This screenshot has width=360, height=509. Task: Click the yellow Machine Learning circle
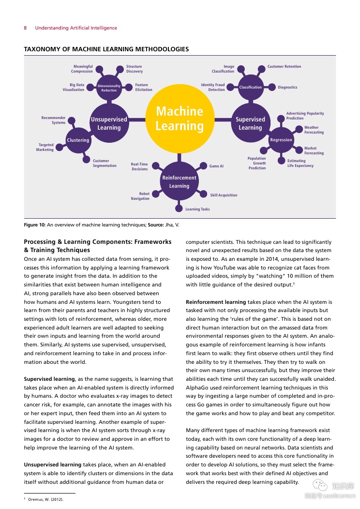click(180, 119)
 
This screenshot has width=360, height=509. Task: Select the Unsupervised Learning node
click(109, 123)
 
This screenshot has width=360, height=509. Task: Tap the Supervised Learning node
click(250, 123)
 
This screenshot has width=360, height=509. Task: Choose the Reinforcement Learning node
click(180, 181)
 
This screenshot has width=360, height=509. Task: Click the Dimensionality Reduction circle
click(109, 88)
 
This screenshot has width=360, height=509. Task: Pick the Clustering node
click(78, 140)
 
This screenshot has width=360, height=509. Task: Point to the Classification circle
click(250, 87)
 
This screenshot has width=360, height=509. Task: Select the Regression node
click(281, 140)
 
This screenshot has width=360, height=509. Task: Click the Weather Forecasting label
click(314, 130)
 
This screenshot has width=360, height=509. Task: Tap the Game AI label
click(216, 166)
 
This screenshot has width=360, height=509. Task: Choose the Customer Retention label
click(284, 67)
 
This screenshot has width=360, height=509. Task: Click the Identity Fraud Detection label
click(213, 87)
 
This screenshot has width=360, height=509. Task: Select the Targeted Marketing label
click(45, 147)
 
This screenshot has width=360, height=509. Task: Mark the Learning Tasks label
click(197, 210)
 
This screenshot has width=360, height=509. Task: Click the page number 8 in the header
click(25, 28)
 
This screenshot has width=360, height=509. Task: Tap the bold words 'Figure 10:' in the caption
click(34, 225)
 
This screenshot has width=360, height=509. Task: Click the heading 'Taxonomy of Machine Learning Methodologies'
click(106, 49)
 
